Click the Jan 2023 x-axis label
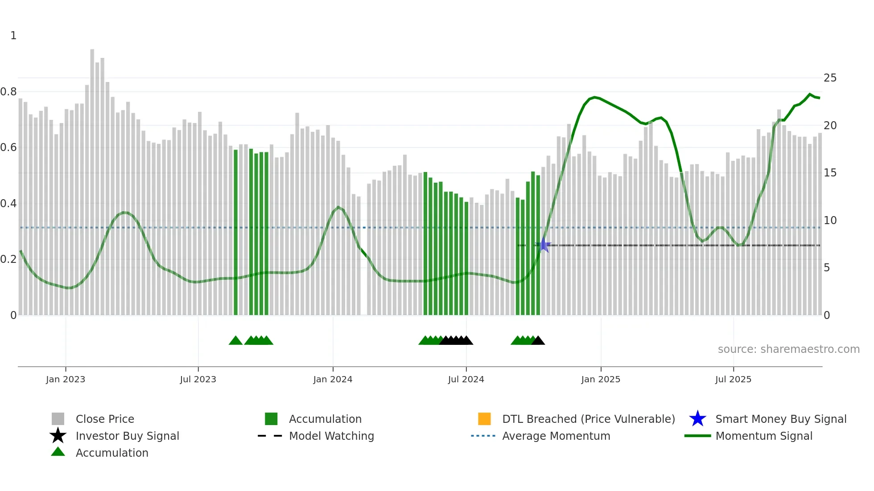click(65, 379)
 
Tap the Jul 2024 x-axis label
click(466, 379)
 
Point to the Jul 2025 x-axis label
click(733, 379)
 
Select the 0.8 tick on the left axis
click(8, 92)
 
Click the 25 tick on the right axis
click(830, 78)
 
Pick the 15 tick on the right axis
click(830, 173)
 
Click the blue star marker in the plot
click(544, 245)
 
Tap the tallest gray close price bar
click(92, 178)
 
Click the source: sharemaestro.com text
click(788, 349)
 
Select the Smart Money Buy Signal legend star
click(697, 419)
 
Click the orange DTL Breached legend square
click(484, 419)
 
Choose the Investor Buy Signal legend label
click(127, 436)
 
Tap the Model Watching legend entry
click(331, 436)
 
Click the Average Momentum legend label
click(556, 436)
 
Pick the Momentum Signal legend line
click(697, 436)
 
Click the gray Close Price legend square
click(58, 419)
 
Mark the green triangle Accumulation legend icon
click(58, 452)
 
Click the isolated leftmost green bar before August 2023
click(236, 232)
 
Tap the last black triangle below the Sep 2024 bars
click(538, 341)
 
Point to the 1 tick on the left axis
click(13, 36)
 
